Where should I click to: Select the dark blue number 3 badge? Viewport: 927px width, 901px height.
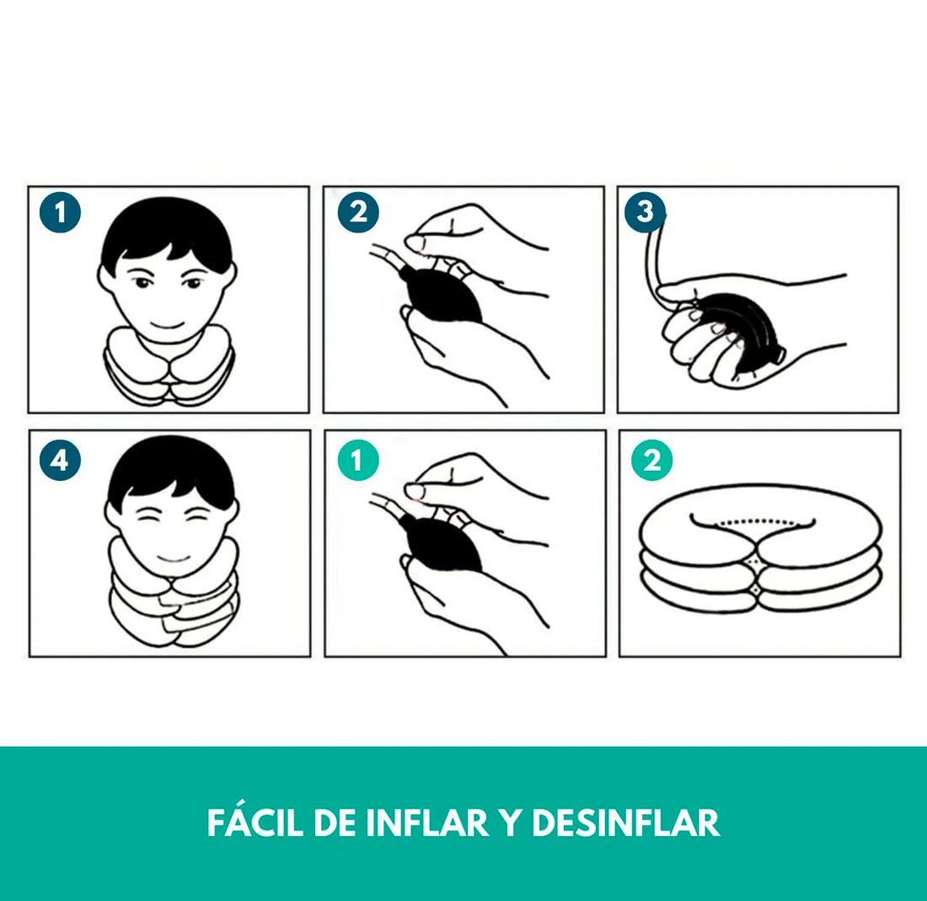[645, 211]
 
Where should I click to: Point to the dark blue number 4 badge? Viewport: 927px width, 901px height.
[60, 460]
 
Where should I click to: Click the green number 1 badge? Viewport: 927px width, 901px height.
[358, 460]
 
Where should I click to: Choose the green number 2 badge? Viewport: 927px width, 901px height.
[652, 460]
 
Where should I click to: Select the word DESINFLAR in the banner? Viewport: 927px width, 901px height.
[625, 823]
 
